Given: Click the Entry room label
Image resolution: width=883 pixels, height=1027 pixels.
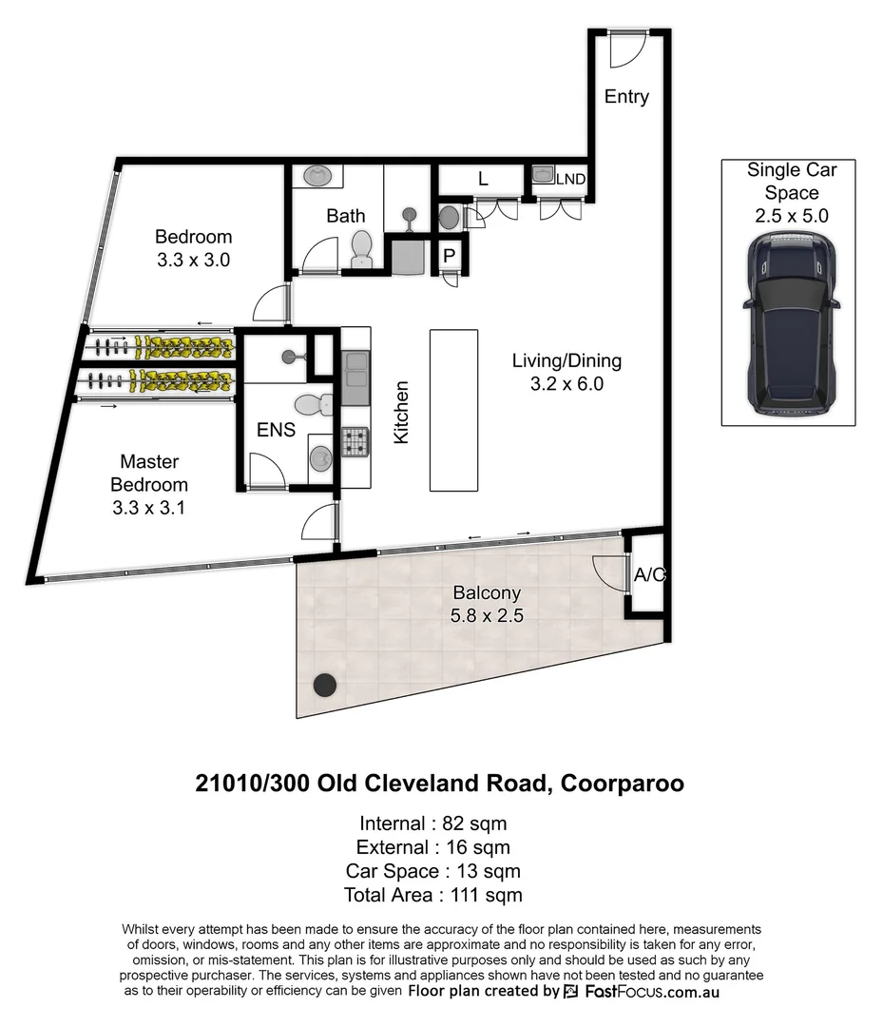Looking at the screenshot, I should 626,96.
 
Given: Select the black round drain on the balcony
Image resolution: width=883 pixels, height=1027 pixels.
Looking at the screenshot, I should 326,684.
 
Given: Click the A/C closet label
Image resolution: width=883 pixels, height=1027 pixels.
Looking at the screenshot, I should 649,574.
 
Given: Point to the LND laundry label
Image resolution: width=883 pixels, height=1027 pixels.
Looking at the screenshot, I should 570,178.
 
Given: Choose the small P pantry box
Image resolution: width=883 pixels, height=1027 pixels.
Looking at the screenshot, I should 449,255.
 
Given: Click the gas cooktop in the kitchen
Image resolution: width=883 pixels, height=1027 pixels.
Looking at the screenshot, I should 355,441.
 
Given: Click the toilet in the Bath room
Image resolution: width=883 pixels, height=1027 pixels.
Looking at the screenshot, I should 361,250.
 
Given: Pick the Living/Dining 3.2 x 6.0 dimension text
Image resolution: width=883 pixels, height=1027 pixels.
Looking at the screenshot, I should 566,384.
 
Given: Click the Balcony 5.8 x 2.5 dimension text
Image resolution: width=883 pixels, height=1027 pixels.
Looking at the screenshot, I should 488,615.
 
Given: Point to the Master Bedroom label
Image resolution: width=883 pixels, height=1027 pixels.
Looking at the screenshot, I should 148,473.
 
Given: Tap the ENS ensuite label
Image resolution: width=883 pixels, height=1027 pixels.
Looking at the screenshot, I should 276,430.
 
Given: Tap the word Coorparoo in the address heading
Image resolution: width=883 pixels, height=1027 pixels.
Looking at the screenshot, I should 623,784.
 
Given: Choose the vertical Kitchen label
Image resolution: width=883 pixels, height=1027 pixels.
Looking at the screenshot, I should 401,412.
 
